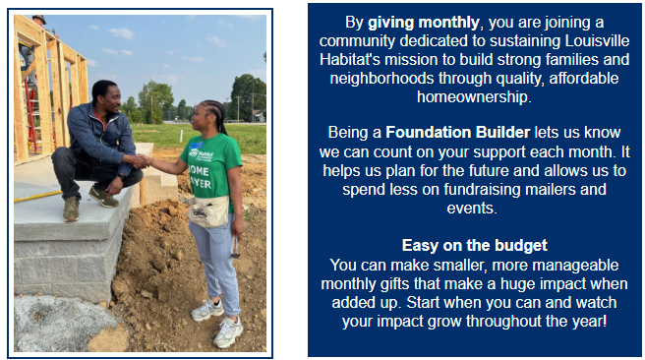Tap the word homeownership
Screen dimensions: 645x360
click(x=474, y=97)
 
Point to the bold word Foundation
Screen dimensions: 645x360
click(x=429, y=133)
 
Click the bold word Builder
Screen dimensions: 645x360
click(x=502, y=133)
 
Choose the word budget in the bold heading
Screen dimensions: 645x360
click(x=521, y=246)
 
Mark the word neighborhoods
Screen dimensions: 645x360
click(x=381, y=78)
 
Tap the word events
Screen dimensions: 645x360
click(x=472, y=209)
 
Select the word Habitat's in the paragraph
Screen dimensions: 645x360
click(x=350, y=60)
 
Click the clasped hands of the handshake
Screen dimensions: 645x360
click(x=143, y=160)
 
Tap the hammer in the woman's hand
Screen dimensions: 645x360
click(x=236, y=246)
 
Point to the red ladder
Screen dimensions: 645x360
click(x=31, y=115)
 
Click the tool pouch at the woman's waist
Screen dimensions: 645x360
click(x=208, y=211)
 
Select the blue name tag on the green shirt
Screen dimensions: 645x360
click(x=197, y=146)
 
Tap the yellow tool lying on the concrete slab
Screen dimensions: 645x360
click(x=37, y=197)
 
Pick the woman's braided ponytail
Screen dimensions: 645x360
click(x=219, y=117)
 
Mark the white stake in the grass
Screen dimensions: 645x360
click(x=181, y=137)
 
